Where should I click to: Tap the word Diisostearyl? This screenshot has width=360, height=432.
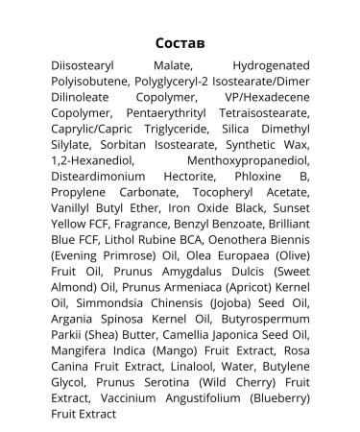[89, 66]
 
